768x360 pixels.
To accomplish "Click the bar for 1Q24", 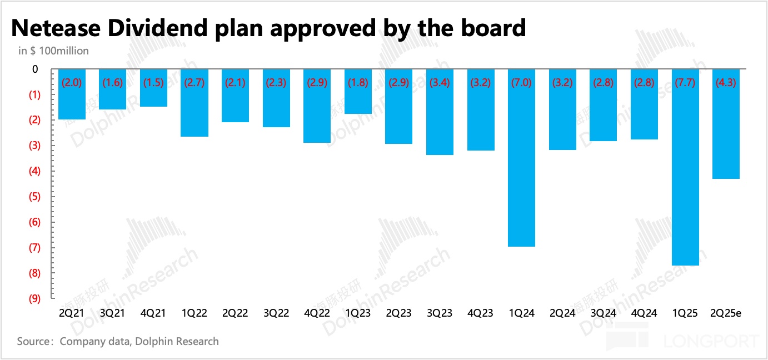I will [x=521, y=158].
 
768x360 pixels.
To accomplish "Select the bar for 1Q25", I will [x=685, y=167].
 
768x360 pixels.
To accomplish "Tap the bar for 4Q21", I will [x=153, y=88].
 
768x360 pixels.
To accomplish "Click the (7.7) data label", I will [x=685, y=83].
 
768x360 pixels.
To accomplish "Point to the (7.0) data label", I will [x=521, y=83].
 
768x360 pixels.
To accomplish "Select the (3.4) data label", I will [x=440, y=83].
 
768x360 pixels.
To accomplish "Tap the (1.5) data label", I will [x=153, y=83].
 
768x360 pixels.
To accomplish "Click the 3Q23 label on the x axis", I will [x=440, y=313].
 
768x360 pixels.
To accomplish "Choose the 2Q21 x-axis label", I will [x=71, y=313].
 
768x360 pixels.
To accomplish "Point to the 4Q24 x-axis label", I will [x=644, y=313].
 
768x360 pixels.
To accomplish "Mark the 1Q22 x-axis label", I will [x=194, y=313].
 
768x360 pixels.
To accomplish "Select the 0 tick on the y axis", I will [x=35, y=69].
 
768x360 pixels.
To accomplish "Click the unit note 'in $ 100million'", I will [x=54, y=51].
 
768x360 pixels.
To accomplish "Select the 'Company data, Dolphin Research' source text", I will [x=139, y=341].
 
